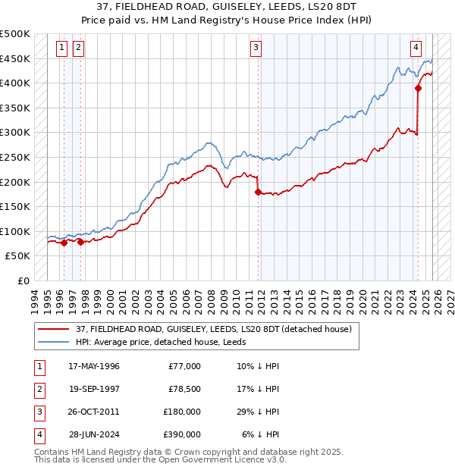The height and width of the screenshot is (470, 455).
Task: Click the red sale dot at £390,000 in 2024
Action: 418,88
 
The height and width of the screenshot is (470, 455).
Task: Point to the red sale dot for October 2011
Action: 259,192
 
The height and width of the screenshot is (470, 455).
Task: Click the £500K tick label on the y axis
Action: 15,34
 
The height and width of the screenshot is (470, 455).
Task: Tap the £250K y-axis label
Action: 15,157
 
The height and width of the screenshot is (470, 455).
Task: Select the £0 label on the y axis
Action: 24,280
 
